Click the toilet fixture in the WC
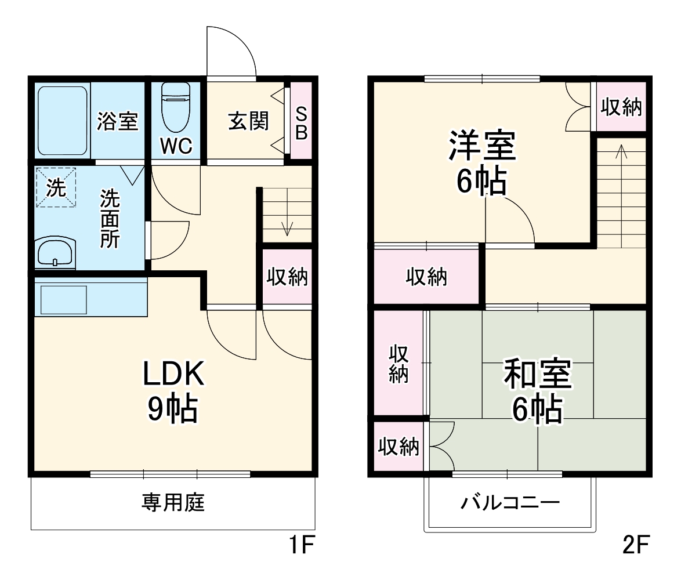pyautogui.click(x=176, y=107)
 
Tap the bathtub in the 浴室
pyautogui.click(x=63, y=120)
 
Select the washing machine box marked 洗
pyautogui.click(x=56, y=187)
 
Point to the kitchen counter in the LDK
pyautogui.click(x=90, y=296)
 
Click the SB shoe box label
pyautogui.click(x=301, y=122)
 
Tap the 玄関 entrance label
pyautogui.click(x=248, y=121)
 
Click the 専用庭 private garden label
pyautogui.click(x=173, y=502)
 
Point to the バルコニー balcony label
pyautogui.click(x=510, y=502)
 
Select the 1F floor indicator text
pyautogui.click(x=301, y=545)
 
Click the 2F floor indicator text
pyautogui.click(x=635, y=545)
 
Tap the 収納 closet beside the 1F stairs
pyautogui.click(x=287, y=277)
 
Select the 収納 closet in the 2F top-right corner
pyautogui.click(x=620, y=107)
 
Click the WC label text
pyautogui.click(x=176, y=147)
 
